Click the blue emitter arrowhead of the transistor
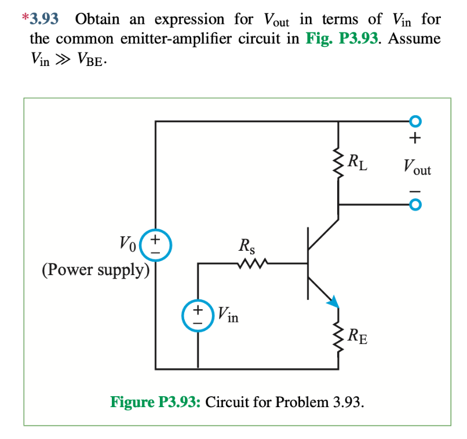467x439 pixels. (x=332, y=300)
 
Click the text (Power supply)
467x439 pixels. (x=96, y=270)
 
